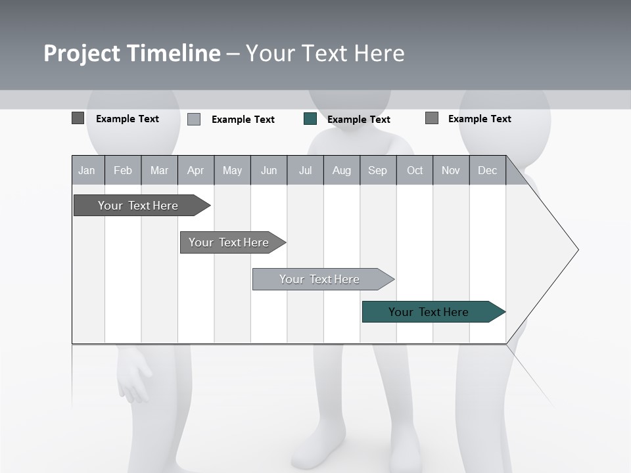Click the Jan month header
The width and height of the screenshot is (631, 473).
pos(87,171)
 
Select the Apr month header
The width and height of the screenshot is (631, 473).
pos(196,171)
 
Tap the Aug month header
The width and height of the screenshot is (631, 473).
pos(341,171)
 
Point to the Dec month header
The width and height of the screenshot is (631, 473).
pos(487,171)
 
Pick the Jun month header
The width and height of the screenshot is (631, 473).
pos(269,171)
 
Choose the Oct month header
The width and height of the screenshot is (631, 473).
pos(415,171)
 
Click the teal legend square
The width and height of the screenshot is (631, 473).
pos(310,119)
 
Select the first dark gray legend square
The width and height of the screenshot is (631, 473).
pos(78,118)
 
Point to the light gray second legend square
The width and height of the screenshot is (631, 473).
pos(194,119)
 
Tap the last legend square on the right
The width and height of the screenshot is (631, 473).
pos(432,118)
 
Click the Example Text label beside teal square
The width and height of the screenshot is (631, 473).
pos(358,120)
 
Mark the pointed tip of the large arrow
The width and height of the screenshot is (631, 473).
pos(576,250)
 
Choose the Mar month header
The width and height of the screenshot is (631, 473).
pos(159,171)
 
